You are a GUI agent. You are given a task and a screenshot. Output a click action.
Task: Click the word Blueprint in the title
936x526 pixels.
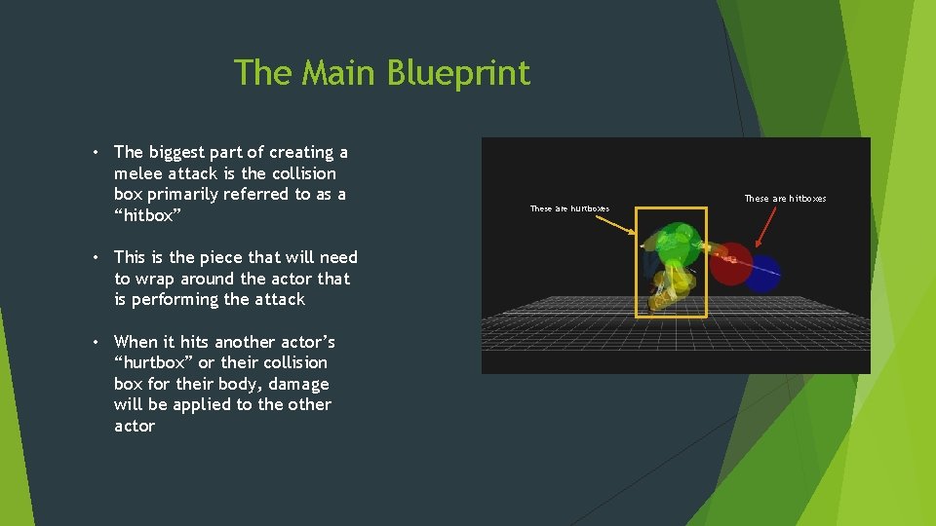tap(458, 73)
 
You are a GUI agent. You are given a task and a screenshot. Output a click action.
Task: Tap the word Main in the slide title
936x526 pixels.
tap(342, 73)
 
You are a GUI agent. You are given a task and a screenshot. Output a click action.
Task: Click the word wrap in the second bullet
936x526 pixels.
tap(153, 279)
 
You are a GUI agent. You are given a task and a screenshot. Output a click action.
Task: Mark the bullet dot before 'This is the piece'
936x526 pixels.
tap(99, 257)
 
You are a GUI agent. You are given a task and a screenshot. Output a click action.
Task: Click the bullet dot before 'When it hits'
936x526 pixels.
tap(99, 342)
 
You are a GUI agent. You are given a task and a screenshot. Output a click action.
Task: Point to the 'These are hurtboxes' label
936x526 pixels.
tap(569, 208)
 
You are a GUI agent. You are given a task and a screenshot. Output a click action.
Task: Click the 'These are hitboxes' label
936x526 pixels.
tap(785, 199)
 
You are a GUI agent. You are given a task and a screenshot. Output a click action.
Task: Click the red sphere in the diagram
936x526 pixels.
tap(731, 263)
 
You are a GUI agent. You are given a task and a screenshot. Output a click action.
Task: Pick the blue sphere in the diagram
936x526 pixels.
tap(761, 274)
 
